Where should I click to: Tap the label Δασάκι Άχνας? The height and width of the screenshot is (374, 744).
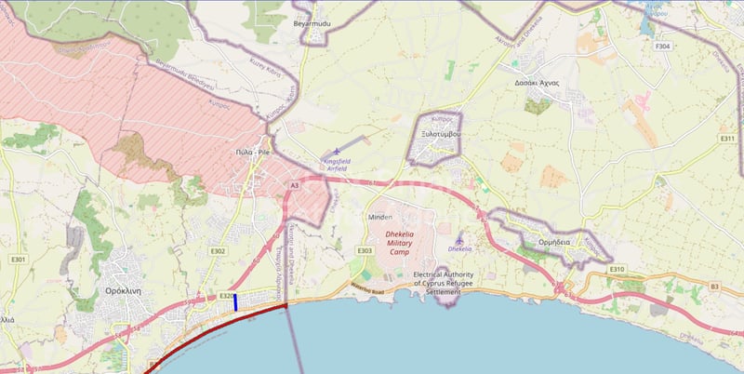[536, 83]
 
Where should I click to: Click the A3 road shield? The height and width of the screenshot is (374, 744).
[294, 186]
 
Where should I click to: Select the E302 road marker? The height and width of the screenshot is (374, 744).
[219, 251]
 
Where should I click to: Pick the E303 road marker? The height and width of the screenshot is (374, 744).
[365, 250]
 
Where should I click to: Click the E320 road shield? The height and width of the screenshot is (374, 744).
[226, 296]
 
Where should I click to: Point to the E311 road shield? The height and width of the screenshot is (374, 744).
[727, 139]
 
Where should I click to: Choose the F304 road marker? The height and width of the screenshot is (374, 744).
[662, 46]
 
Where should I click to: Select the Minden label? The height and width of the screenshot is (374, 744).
[381, 217]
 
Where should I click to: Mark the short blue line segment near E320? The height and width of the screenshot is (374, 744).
[236, 302]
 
